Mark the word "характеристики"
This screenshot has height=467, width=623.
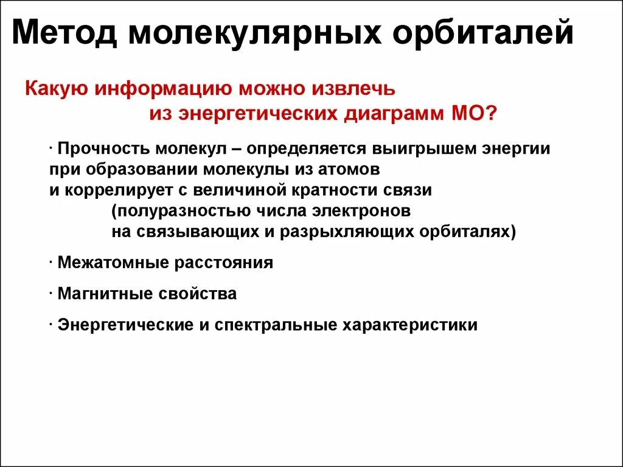(x=411, y=325)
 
